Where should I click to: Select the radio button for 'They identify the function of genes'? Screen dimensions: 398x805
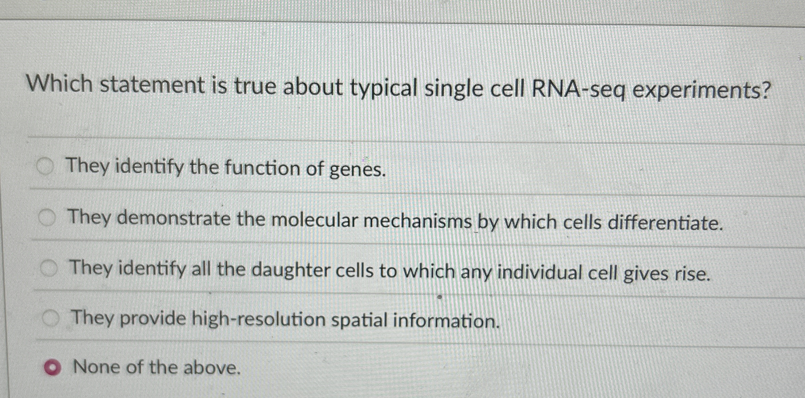46,167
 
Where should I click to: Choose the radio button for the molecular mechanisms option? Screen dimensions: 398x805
47,218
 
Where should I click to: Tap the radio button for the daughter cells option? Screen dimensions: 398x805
49,269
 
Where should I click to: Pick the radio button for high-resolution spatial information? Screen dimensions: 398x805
51,319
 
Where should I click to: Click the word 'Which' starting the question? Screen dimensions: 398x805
60,84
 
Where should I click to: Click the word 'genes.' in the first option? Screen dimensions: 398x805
358,170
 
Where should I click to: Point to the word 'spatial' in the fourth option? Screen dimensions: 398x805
359,320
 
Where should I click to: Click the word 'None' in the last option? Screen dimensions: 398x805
97,367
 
